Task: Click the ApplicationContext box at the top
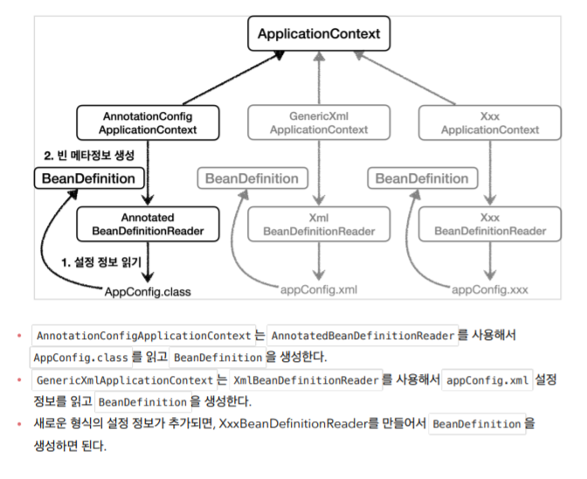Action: tap(319, 34)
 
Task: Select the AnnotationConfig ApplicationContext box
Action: tap(148, 122)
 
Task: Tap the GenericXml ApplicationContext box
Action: tap(318, 122)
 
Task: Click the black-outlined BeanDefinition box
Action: tap(88, 178)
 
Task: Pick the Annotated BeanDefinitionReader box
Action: tap(148, 224)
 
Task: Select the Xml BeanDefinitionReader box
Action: tap(318, 224)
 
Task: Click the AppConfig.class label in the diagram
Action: tap(147, 291)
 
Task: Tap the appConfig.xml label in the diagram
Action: tap(319, 289)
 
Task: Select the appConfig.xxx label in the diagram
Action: tap(490, 289)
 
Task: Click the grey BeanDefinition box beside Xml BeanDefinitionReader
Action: tap(252, 178)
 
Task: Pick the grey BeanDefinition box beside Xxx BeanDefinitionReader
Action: tap(422, 178)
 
